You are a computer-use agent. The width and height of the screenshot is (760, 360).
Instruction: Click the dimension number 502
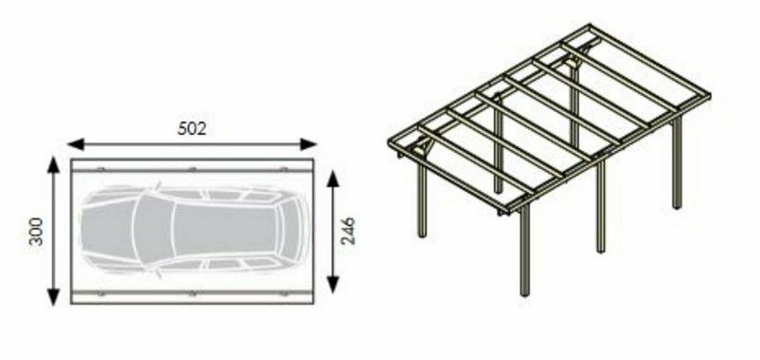pos(192,128)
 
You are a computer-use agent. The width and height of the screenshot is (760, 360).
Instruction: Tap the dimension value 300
pos(36,232)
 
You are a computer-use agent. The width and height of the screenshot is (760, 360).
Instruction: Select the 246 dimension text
pos(348,231)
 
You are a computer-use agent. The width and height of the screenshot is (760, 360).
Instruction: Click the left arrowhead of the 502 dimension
pos(76,143)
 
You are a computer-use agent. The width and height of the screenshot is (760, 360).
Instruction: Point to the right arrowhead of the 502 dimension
pos(308,143)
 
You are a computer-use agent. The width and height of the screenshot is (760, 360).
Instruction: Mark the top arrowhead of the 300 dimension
pos(53,164)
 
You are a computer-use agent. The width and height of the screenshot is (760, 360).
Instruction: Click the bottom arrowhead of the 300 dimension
pos(53,297)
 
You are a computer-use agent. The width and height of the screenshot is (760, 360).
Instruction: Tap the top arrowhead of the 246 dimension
pos(332,179)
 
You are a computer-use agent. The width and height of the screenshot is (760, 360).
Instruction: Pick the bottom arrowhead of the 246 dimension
pos(332,284)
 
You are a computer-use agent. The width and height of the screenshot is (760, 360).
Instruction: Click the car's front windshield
pos(153,230)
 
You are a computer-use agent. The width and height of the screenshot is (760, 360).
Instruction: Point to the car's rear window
pos(290,229)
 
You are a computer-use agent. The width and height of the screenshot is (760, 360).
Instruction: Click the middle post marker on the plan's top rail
pos(193,169)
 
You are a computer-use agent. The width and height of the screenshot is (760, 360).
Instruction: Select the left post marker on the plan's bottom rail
pos(101,294)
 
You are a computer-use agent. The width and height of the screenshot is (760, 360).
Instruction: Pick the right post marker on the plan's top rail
pos(284,169)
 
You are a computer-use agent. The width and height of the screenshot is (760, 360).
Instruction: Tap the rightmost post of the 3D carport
pos(677,162)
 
